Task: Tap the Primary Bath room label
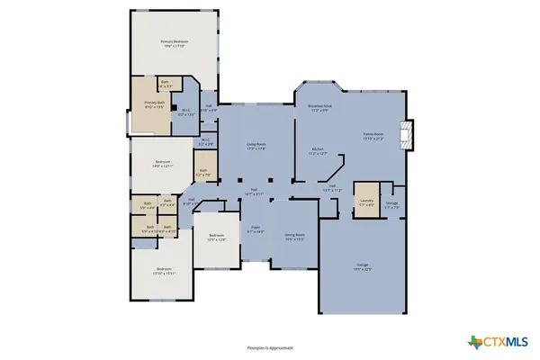156,105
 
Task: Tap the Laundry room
366,202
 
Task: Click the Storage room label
391,205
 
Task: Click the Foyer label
255,230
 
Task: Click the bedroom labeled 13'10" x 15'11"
163,270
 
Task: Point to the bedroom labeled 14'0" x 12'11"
161,166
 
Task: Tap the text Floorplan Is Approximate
270,346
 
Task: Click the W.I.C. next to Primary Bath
185,114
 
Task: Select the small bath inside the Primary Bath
165,85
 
